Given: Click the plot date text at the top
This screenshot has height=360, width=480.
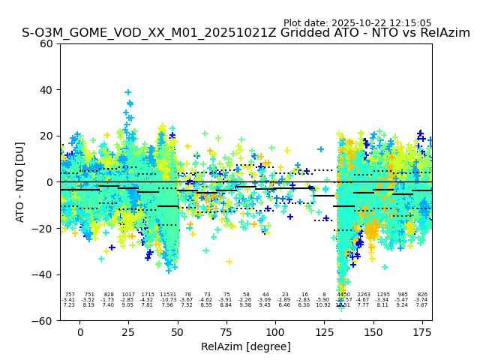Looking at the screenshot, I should [357, 23].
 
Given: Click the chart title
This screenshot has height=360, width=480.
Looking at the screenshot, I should [246, 33].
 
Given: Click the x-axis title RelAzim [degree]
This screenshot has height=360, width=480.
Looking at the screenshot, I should [246, 346].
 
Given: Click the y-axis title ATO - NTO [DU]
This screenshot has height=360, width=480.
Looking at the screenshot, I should [20, 182].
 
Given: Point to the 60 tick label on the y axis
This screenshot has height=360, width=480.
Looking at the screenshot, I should [46, 43].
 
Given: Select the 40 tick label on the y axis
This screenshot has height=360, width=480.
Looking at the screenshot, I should [46, 90].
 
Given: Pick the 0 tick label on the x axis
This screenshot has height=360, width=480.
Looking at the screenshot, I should [79, 331].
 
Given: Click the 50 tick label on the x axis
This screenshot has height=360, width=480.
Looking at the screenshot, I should [178, 331].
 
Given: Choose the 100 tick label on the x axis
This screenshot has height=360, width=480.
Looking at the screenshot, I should [275, 331].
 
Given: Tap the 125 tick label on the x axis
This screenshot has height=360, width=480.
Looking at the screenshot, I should [324, 331].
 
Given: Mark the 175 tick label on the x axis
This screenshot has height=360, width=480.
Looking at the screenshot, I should [422, 331].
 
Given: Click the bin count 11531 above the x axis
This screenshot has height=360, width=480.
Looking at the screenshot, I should [167, 295].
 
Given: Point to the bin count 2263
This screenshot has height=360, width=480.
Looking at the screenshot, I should [364, 295].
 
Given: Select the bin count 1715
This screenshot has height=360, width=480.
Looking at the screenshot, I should [147, 295].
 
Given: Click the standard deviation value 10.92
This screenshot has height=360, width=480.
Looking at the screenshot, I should [323, 305].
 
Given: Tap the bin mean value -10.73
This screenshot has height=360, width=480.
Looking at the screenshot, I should [167, 300].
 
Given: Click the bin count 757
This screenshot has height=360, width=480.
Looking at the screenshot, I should [69, 295].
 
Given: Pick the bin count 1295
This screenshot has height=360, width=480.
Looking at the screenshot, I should [383, 295].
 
